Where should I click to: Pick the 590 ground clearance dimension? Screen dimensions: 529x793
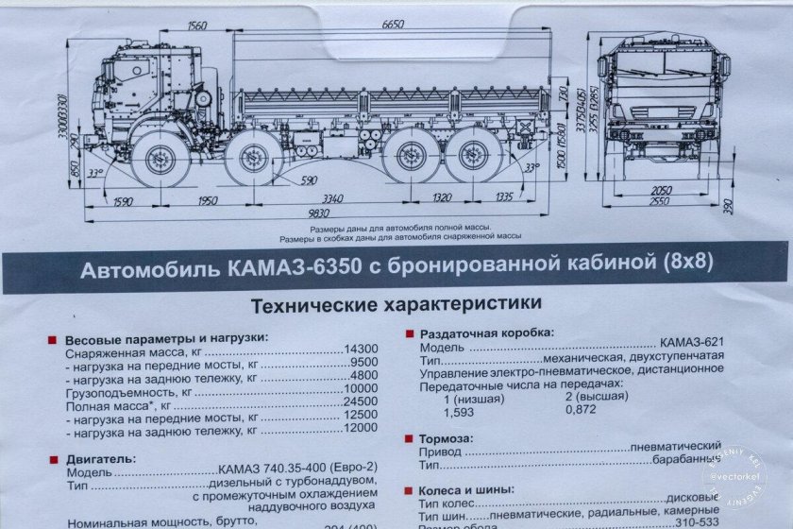pyautogui.click(x=308, y=179)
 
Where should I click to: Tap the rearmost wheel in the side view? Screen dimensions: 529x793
pyautogui.click(x=470, y=158)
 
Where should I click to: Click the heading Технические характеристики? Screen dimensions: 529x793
pyautogui.click(x=396, y=304)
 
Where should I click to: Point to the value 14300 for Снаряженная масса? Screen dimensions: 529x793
pyautogui.click(x=360, y=350)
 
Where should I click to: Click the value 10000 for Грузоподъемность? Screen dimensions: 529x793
pyautogui.click(x=360, y=389)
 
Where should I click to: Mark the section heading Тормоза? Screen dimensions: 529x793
pyautogui.click(x=445, y=439)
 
